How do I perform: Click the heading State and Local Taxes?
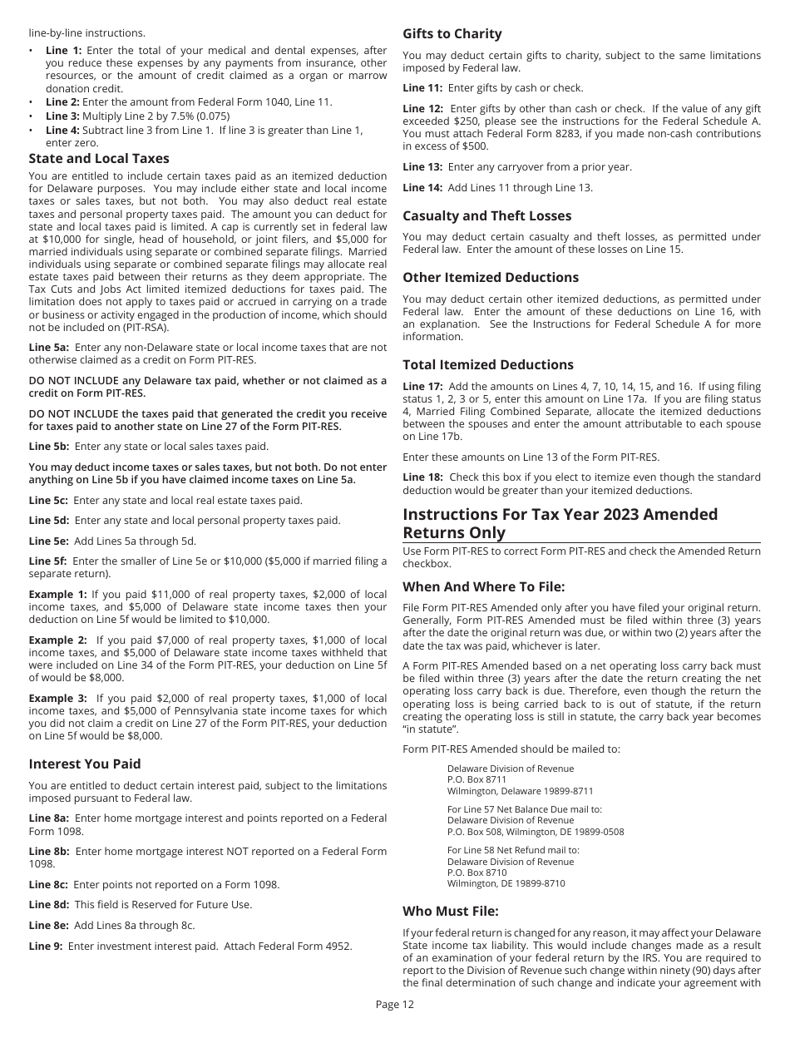tap(99, 158)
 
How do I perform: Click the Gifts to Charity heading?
tap(452, 34)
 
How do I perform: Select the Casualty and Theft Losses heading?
tap(486, 215)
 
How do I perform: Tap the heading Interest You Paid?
tap(85, 764)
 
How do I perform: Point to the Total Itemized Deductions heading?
tap(488, 364)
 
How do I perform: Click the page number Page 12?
tap(394, 1004)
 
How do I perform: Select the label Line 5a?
tap(49, 348)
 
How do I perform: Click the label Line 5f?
tap(48, 561)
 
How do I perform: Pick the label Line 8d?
tap(49, 905)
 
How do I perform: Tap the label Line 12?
tap(423, 109)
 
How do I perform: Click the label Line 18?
tap(423, 477)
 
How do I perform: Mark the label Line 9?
tap(46, 946)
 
